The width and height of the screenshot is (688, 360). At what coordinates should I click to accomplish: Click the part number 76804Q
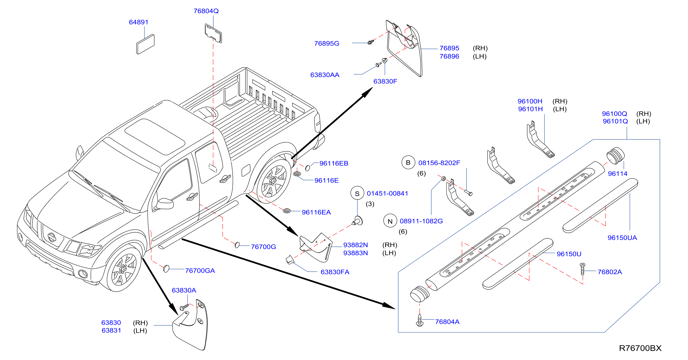coord(206,11)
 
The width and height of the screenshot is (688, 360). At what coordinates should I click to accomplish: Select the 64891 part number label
coord(138,22)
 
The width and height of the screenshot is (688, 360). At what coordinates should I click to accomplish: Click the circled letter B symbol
coord(408,163)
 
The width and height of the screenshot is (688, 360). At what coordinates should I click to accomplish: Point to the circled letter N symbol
coord(390,221)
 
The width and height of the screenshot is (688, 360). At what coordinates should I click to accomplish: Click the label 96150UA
coord(622,237)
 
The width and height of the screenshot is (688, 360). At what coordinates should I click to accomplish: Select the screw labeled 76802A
coord(583,269)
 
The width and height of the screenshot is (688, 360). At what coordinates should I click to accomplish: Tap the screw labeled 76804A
coord(419,320)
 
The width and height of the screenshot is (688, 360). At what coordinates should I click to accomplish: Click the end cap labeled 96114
coord(615,155)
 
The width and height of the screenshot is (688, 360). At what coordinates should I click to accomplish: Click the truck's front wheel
coord(123,269)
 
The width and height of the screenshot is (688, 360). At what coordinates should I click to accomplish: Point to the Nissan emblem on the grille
coord(52,237)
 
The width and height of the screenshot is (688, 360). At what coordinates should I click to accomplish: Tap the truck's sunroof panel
coord(155,137)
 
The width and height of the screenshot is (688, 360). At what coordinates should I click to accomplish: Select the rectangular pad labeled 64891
coord(145,44)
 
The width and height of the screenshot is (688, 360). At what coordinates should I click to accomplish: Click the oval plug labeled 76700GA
coord(166,269)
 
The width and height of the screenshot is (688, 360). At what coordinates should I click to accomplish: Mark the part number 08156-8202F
coord(439,163)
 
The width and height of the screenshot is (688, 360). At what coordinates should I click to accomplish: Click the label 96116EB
coord(334,163)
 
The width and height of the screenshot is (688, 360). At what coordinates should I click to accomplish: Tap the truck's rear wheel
coord(273,181)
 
